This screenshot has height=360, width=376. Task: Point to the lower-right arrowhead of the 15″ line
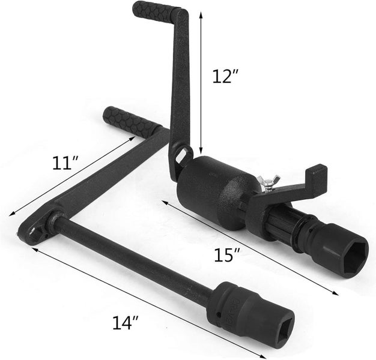tap(335, 293)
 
